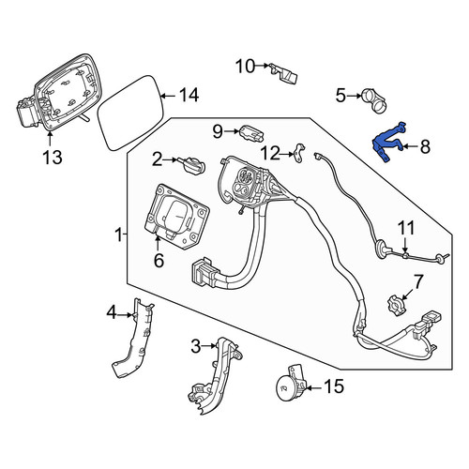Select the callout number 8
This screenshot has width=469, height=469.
click(425, 146)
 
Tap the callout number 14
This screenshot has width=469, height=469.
click(189, 95)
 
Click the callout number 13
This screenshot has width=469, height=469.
click(53, 157)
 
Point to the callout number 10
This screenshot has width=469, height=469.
click(246, 67)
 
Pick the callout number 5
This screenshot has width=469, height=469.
click(340, 96)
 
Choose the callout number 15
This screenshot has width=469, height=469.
click(334, 386)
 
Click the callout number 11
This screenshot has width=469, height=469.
click(406, 228)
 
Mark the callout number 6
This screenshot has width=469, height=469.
click(159, 261)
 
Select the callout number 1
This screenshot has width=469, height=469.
click(118, 234)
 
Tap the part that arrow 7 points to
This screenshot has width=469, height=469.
click(397, 305)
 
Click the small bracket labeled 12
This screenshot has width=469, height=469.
click(300, 153)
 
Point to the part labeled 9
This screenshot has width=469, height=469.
click(252, 133)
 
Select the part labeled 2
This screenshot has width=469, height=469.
click(194, 164)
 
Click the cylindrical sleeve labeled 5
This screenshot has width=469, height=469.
click(374, 100)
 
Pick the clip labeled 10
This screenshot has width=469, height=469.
click(283, 74)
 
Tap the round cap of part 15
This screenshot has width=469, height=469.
click(286, 387)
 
